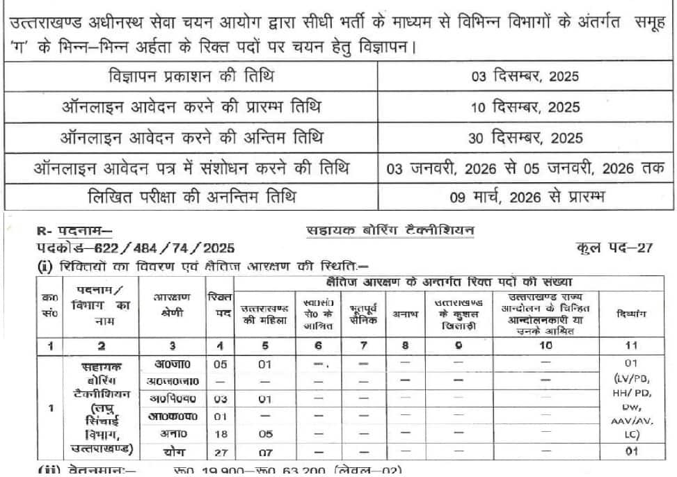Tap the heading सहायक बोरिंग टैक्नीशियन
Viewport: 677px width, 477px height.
click(390, 229)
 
